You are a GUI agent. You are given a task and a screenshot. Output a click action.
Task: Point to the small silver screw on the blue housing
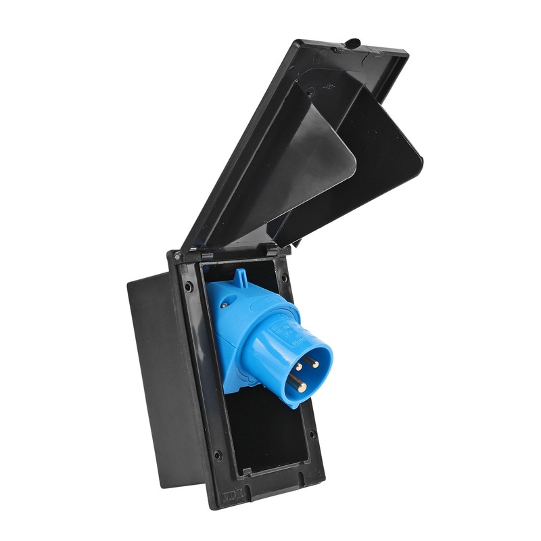(224, 305)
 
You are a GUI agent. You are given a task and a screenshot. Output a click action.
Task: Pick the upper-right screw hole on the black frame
(283, 277)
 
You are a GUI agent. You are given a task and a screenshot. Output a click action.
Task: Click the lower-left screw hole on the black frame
(218, 454)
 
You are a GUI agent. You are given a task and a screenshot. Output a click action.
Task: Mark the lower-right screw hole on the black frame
(312, 434)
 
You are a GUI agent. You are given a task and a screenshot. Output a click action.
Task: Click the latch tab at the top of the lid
(352, 43)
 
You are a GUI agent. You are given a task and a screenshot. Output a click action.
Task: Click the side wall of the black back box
(162, 379)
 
